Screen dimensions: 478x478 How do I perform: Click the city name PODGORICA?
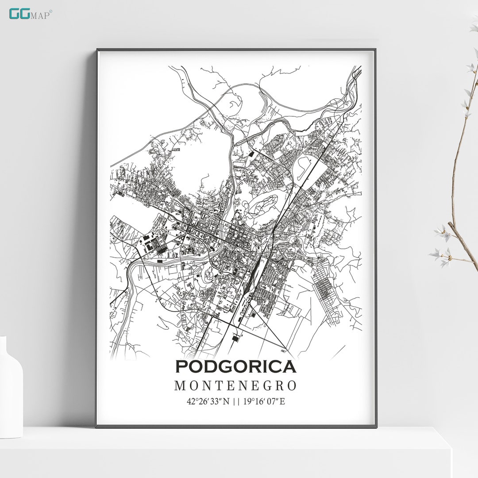pos(235,367)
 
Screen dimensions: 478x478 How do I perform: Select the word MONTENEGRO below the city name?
pos(235,386)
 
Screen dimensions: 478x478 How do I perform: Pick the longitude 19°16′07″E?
pos(264,402)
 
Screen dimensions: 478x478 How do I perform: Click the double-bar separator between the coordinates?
pos(235,402)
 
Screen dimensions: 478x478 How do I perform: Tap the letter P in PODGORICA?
pos(182,367)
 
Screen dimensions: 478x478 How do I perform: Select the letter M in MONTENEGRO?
pos(180,386)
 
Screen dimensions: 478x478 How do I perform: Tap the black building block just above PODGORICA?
pos(235,339)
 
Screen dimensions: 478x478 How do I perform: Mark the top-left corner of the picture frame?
pos(97,50)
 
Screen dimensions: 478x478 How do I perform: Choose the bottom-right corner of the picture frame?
pos(376,427)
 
